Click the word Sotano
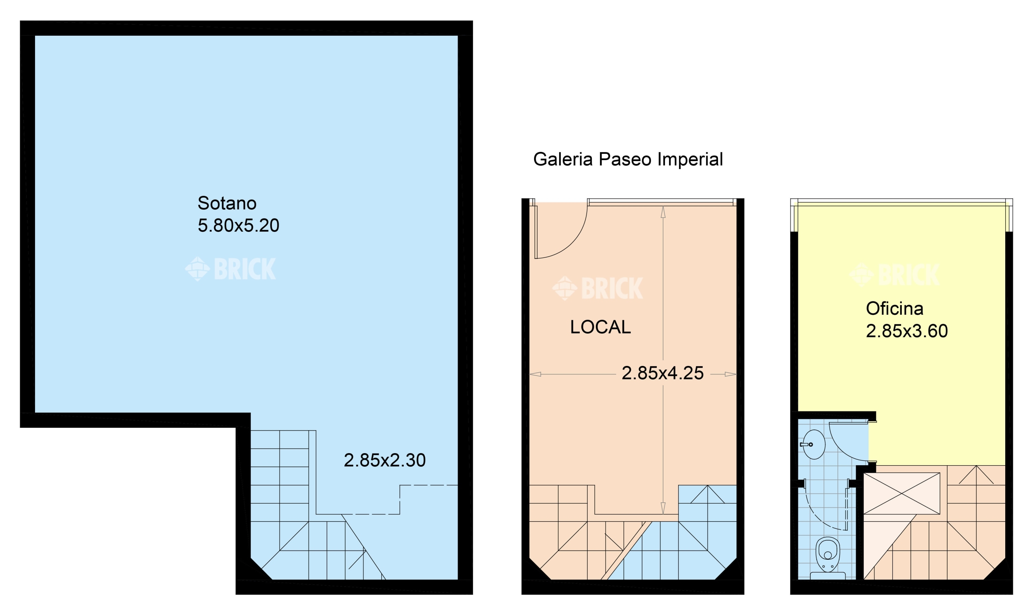(x=227, y=203)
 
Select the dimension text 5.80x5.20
(x=239, y=225)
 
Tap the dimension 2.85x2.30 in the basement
(x=384, y=460)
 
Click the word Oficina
(x=894, y=308)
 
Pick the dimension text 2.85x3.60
(x=907, y=331)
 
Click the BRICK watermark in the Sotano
(x=230, y=269)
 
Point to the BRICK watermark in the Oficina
(x=894, y=275)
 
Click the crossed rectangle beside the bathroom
(x=902, y=494)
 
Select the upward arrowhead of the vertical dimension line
(x=663, y=212)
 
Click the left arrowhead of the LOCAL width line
(x=535, y=374)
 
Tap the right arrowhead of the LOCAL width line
(x=730, y=374)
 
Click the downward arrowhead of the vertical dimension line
(x=663, y=508)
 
